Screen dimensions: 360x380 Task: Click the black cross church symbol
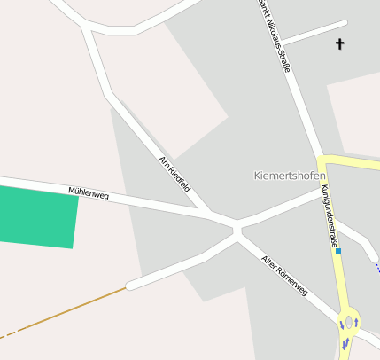click(339, 43)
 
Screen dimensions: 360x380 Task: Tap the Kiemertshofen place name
click(290, 176)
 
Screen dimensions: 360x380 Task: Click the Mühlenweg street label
click(89, 192)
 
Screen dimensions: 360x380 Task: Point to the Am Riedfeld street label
click(174, 174)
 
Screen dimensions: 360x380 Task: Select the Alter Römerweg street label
click(284, 275)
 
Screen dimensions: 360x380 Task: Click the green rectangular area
click(37, 217)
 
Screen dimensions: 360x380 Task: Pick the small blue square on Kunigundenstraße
click(337, 251)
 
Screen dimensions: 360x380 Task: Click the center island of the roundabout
click(348, 322)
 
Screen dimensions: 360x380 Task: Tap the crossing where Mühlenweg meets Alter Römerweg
click(237, 231)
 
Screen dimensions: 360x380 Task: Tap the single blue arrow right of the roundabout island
click(356, 323)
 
